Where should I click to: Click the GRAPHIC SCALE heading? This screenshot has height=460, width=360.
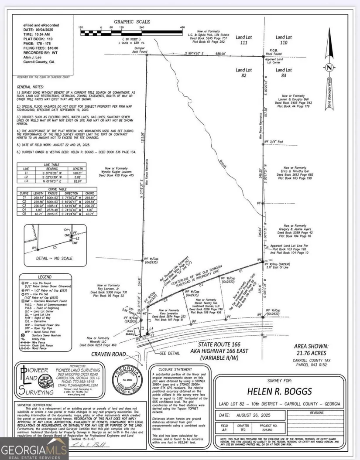click(x=132, y=22)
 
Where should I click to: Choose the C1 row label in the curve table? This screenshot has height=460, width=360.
click(x=26, y=198)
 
